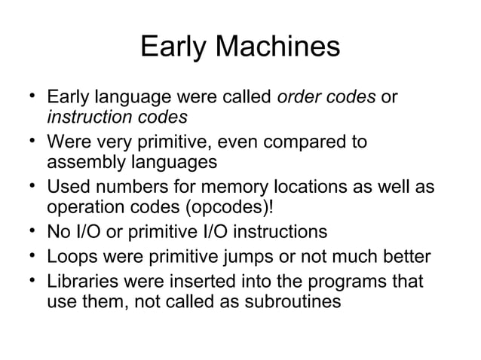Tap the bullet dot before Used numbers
point(29,183)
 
